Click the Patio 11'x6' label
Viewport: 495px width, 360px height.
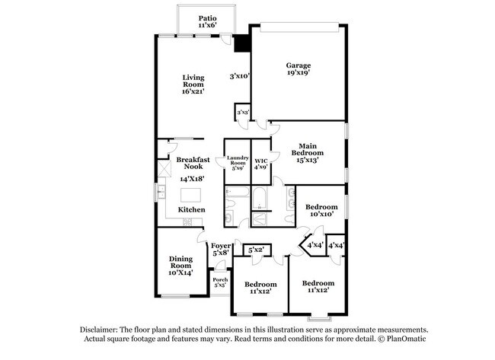pyautogui.click(x=206, y=21)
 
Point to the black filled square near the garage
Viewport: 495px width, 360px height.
pyautogui.click(x=241, y=44)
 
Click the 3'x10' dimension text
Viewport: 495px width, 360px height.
pyautogui.click(x=241, y=76)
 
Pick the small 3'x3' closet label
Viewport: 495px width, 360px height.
pyautogui.click(x=242, y=113)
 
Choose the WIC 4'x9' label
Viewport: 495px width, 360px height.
pyautogui.click(x=260, y=164)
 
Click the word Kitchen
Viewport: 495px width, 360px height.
pyautogui.click(x=191, y=209)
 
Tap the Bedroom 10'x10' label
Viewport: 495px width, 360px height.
pyautogui.click(x=321, y=211)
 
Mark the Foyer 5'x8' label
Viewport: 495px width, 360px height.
pyautogui.click(x=221, y=249)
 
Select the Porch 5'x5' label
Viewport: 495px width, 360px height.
pyautogui.click(x=220, y=282)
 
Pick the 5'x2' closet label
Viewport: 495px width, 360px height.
pyautogui.click(x=255, y=250)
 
